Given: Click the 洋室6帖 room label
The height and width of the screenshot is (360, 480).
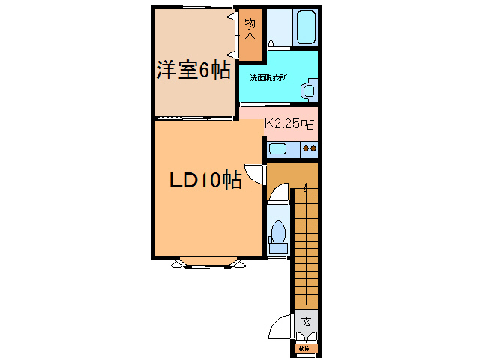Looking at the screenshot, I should coord(193,70).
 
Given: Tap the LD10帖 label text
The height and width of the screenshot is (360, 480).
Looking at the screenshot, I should coord(204,181).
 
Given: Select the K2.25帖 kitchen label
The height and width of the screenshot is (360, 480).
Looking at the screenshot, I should coord(289,125).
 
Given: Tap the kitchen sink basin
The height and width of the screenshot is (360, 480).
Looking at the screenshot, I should coord(278,148).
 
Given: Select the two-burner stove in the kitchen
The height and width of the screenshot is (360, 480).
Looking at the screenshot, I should coord(307,148).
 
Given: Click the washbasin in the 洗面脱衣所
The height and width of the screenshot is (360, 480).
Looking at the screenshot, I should coord(308,91).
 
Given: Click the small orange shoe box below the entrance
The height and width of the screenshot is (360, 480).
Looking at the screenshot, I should coord(304,348).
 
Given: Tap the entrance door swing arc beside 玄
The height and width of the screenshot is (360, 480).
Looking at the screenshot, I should coord(280,327).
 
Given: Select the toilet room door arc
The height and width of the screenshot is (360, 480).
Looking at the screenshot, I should coord(277,194).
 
